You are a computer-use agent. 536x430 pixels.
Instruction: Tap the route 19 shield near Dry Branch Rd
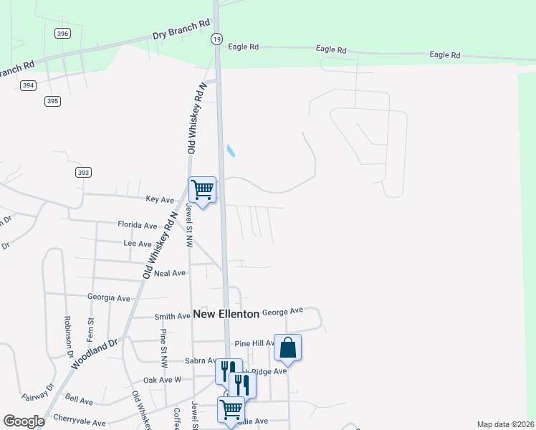[216, 40]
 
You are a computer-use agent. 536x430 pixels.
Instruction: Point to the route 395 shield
[52, 101]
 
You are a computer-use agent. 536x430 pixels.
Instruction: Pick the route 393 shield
[83, 172]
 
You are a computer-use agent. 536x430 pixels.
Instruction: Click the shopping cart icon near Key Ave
[202, 190]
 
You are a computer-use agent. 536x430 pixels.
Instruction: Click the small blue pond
[231, 150]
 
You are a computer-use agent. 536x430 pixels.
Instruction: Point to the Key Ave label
[160, 199]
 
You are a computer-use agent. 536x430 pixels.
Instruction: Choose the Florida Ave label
[138, 225]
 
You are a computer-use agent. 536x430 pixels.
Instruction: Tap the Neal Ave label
[171, 273]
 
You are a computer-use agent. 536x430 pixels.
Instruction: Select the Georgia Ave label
[109, 297]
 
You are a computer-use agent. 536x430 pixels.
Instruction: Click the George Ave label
[282, 312]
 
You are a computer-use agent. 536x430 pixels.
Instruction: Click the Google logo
[24, 421]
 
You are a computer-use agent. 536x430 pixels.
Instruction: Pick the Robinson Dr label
[70, 336]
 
